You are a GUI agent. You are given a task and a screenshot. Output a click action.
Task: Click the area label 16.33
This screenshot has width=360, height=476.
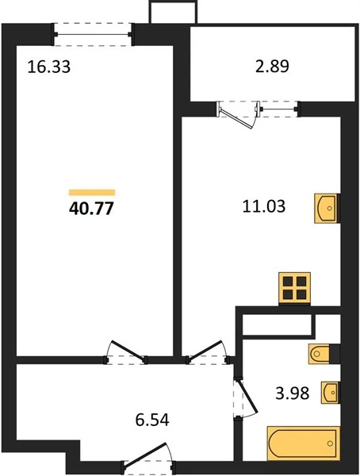(x=49, y=67)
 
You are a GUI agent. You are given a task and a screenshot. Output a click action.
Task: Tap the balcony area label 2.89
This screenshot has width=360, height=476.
(x=272, y=67)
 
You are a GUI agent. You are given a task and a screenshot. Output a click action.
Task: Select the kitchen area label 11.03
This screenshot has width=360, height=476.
(x=264, y=206)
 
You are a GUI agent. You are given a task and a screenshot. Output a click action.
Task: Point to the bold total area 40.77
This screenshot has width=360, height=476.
(x=91, y=209)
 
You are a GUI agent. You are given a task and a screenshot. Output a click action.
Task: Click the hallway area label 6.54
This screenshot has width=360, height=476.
(x=151, y=420)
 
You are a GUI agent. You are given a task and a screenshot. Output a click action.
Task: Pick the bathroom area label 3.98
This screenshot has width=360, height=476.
(x=293, y=393)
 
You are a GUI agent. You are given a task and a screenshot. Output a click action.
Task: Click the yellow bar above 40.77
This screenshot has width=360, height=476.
(x=92, y=193)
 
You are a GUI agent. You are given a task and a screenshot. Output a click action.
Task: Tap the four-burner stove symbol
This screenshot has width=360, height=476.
(x=295, y=289)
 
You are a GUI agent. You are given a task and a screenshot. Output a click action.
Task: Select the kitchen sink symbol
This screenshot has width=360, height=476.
(x=326, y=208)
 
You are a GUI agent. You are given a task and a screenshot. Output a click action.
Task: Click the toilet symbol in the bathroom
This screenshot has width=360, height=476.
(x=319, y=354)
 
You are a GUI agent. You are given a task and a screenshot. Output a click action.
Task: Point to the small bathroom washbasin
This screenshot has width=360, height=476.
(x=330, y=392)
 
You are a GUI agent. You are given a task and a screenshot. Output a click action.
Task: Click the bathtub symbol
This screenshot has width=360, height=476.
(x=303, y=443)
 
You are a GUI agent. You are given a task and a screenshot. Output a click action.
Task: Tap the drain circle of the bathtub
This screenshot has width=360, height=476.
(x=330, y=443)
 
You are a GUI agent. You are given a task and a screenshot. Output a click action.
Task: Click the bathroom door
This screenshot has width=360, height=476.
(x=246, y=397)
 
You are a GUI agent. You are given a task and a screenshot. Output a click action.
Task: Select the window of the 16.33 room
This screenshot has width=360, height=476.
(x=93, y=34)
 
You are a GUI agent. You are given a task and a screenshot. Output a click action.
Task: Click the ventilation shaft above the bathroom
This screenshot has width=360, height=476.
(x=278, y=325)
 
